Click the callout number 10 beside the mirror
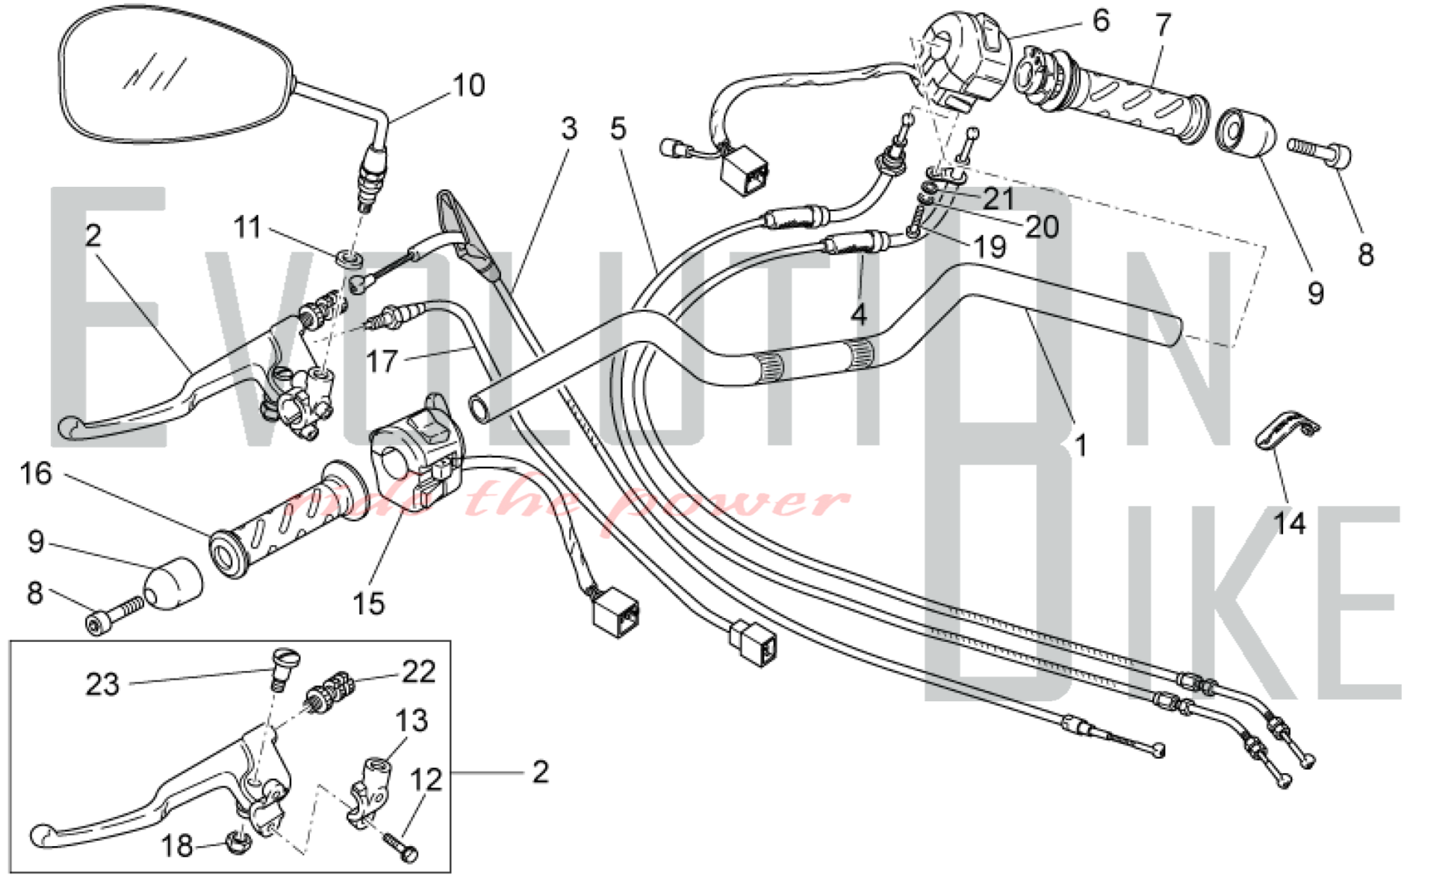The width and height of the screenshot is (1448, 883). pos(468,85)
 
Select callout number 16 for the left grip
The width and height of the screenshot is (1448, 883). pos(35,474)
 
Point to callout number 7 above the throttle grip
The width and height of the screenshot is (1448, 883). pos(1163,25)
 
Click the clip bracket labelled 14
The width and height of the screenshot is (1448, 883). pos(1286,432)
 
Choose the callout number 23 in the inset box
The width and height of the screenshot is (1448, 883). pos(102,684)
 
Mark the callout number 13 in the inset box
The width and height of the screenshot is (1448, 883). pos(411,721)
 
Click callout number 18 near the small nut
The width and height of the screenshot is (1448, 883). pos(177,845)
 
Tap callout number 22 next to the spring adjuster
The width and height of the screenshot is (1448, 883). pos(418,672)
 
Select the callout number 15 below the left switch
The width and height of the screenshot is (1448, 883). pos(369,603)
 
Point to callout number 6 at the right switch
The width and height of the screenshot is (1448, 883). pos(1100,20)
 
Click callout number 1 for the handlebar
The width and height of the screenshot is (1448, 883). pos(1080,445)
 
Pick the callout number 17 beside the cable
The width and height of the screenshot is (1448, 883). pos(382,360)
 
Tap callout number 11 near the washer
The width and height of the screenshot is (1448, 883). pos(248,227)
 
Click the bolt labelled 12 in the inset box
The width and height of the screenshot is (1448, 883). pos(400,847)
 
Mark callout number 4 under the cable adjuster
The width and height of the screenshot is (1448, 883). pos(858,314)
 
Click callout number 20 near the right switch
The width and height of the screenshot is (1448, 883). pos(1042,227)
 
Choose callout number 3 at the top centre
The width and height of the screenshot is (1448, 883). pos(569,129)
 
